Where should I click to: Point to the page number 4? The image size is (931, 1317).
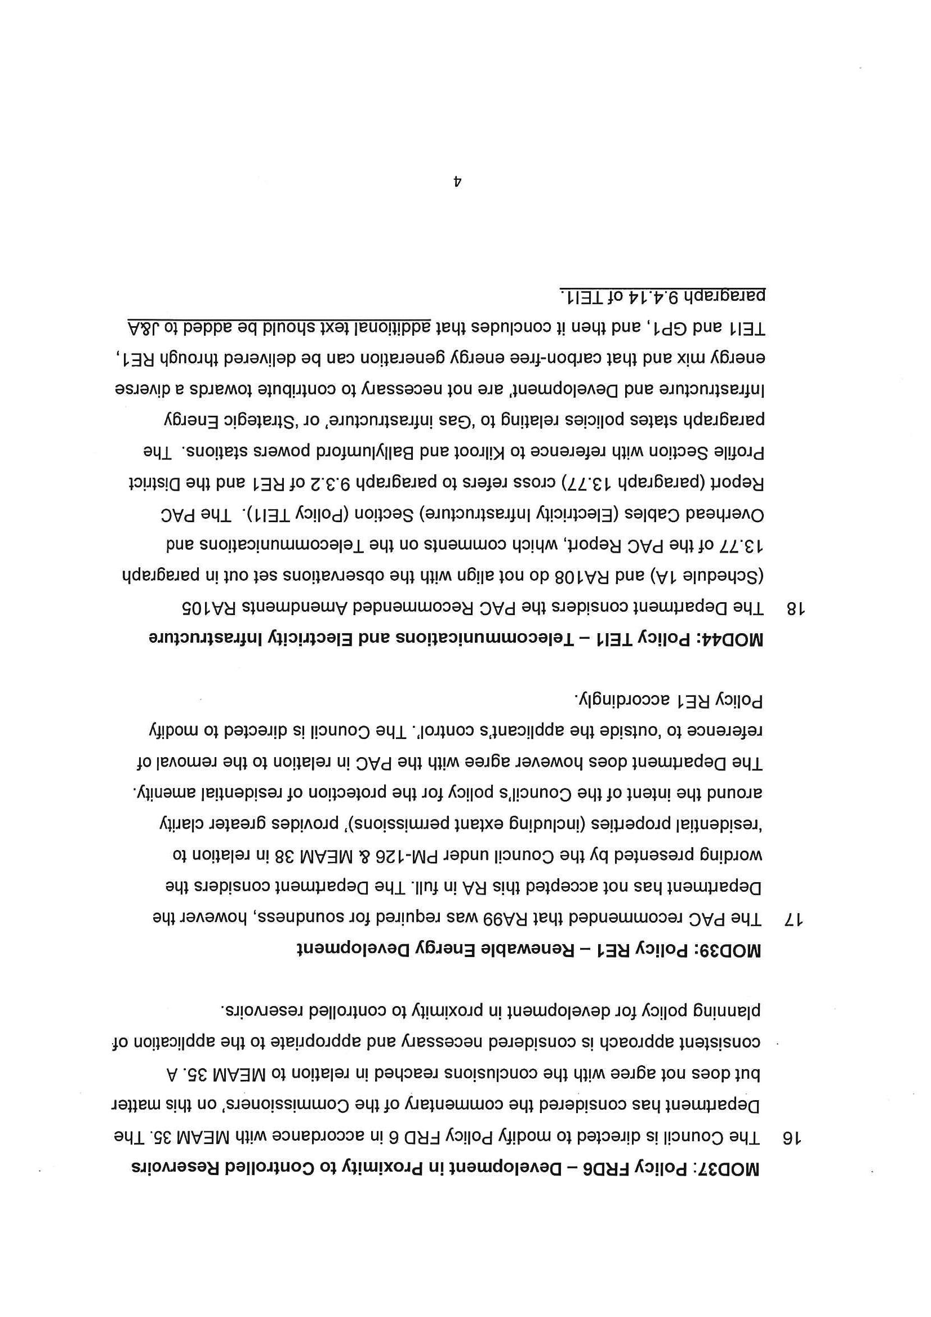point(457,182)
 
